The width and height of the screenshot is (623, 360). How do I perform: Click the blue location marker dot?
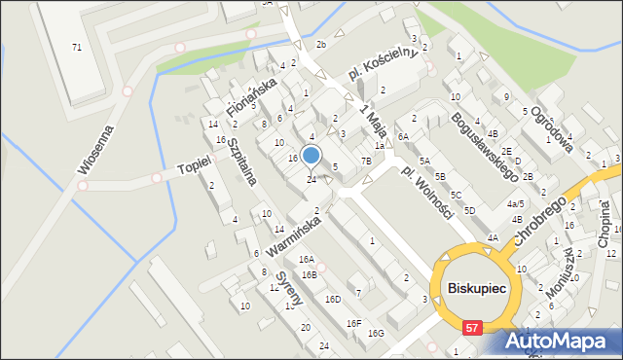click(311, 155)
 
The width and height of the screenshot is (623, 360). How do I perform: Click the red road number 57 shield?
click(472, 329)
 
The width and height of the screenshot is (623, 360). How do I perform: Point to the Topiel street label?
click(195, 169)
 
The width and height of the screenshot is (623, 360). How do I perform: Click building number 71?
click(76, 47)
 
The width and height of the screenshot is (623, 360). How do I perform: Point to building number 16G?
click(376, 334)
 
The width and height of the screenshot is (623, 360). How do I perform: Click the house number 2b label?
click(321, 46)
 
